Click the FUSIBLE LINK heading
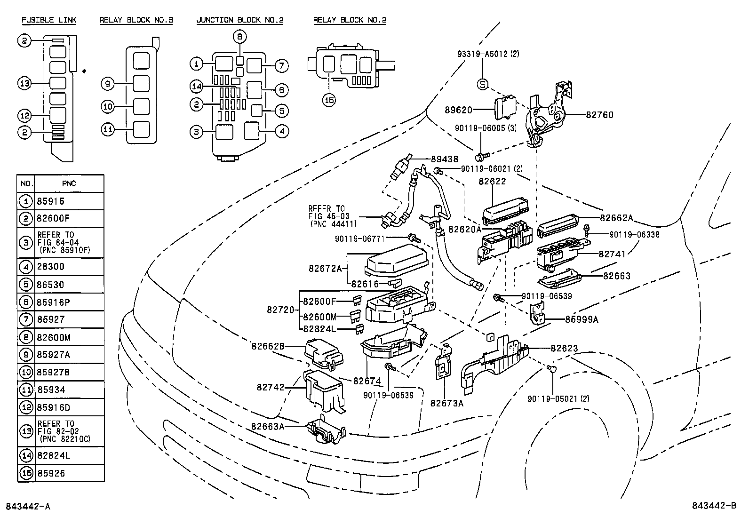[49, 20]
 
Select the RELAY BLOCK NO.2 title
[350, 20]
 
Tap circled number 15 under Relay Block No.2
[329, 100]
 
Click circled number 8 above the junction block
[239, 36]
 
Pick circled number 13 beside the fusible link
[24, 84]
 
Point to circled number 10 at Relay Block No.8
[108, 107]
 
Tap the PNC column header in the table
[69, 183]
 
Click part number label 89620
[458, 110]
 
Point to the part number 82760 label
[599, 115]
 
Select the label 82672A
[325, 269]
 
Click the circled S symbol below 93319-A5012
[483, 85]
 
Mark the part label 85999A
[582, 319]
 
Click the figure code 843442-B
[713, 506]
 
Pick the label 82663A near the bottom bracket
[267, 426]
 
